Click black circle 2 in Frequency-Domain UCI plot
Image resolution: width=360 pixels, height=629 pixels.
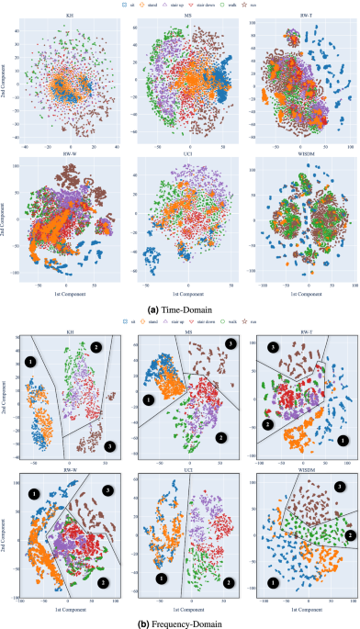227,580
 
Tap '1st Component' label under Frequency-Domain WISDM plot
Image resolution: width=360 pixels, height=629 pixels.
299,611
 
